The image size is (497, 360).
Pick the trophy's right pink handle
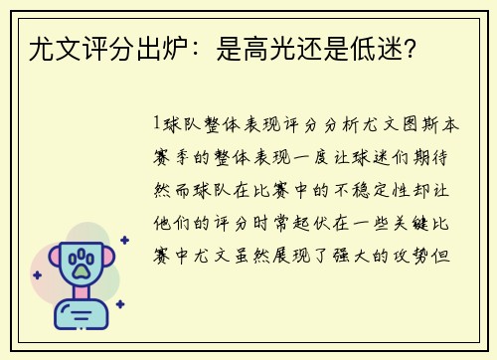point(112,261)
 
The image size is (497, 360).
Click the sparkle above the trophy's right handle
point(124,240)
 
